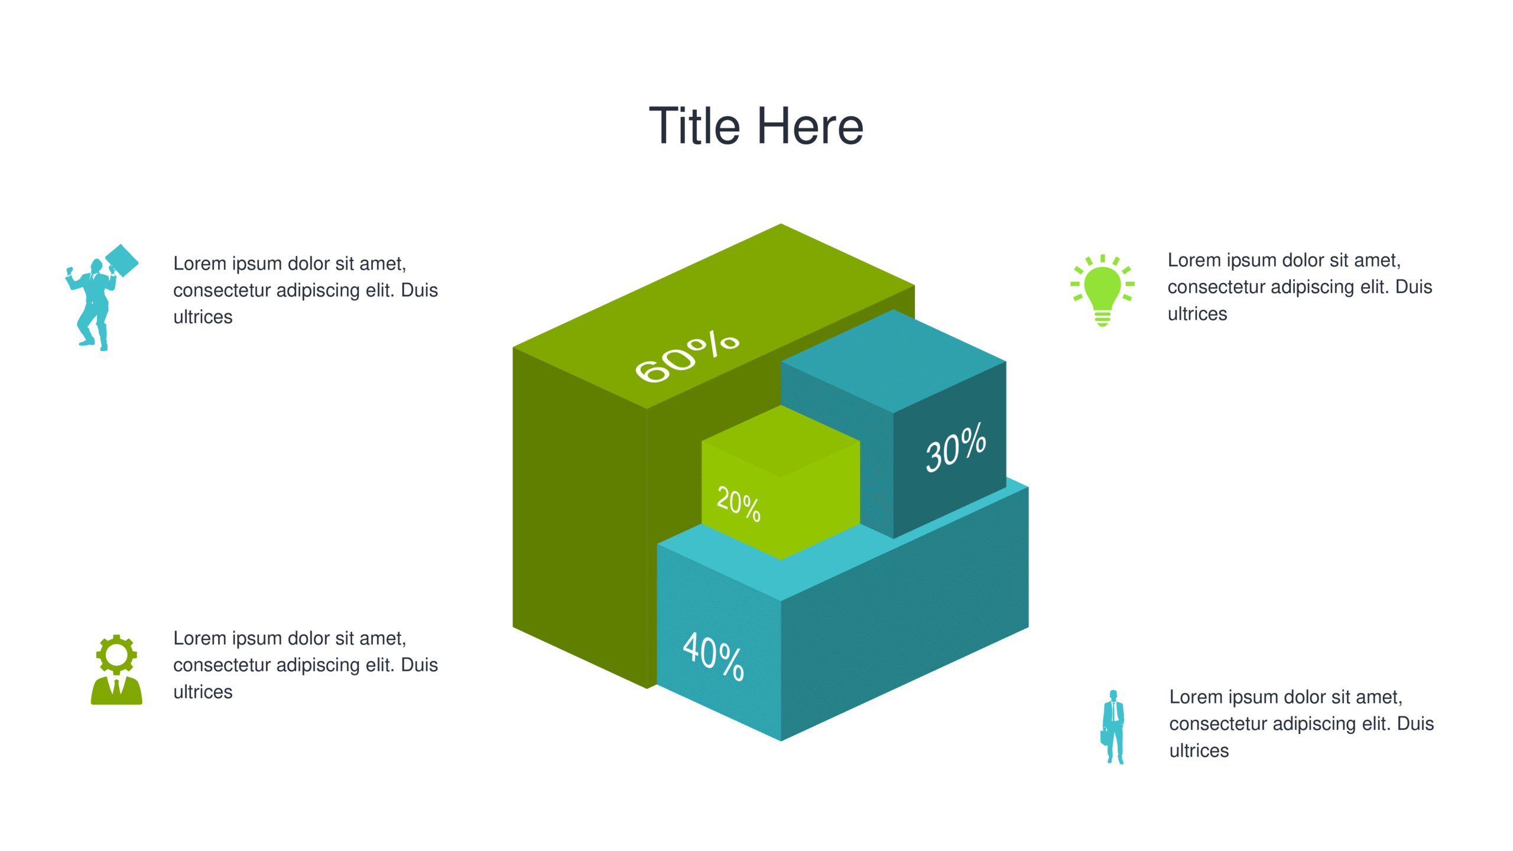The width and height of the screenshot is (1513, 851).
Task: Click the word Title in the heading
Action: [x=694, y=125]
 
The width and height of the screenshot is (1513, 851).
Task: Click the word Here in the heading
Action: [x=810, y=125]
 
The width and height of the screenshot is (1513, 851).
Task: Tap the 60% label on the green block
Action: [x=687, y=356]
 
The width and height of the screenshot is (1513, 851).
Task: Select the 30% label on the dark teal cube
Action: [x=956, y=447]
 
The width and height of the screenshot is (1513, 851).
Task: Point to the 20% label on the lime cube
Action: [x=739, y=504]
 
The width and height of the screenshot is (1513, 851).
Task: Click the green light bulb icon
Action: [x=1102, y=290]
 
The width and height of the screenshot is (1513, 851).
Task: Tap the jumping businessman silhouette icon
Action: [x=101, y=298]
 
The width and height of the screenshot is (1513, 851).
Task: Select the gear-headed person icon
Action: [x=116, y=670]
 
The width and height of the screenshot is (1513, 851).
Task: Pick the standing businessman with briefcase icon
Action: [x=1112, y=727]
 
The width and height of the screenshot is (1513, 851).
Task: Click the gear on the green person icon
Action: [x=116, y=655]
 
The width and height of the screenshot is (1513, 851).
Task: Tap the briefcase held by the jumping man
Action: [x=122, y=260]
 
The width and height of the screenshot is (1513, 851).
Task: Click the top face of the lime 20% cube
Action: [x=781, y=441]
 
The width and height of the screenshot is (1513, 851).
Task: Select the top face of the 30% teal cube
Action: [x=893, y=361]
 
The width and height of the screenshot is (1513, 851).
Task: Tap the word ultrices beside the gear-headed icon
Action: [x=203, y=692]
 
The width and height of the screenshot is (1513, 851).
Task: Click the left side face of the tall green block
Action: [x=580, y=518]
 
